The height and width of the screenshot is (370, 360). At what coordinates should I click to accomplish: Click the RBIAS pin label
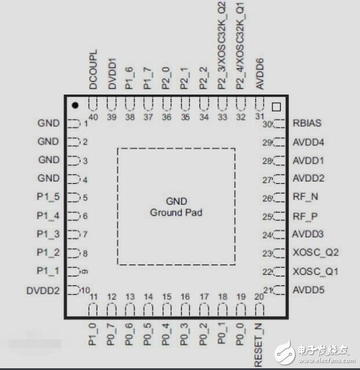click(x=307, y=123)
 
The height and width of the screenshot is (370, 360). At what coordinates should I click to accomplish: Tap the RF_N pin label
click(x=306, y=197)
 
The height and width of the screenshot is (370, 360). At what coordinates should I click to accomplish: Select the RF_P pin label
click(x=306, y=216)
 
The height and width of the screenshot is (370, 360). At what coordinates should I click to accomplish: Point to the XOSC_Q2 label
click(x=315, y=253)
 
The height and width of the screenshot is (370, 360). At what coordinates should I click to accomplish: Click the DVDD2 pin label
click(x=43, y=290)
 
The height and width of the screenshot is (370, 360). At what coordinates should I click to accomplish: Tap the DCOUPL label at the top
click(x=93, y=69)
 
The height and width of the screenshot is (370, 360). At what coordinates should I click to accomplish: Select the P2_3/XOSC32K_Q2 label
click(x=222, y=45)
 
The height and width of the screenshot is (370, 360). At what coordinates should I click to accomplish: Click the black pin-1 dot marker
click(x=75, y=106)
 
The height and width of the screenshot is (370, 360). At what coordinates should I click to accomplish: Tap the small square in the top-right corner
click(x=277, y=106)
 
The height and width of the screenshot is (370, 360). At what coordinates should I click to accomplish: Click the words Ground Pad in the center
click(x=176, y=212)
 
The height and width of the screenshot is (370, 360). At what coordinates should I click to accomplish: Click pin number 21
click(x=267, y=290)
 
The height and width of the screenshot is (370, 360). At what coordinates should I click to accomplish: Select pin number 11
click(x=93, y=297)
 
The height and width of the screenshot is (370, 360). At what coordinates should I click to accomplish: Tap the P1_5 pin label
click(x=48, y=197)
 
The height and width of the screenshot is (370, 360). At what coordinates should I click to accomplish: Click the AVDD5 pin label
click(x=308, y=290)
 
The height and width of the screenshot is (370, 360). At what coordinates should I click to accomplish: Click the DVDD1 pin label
click(x=111, y=73)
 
